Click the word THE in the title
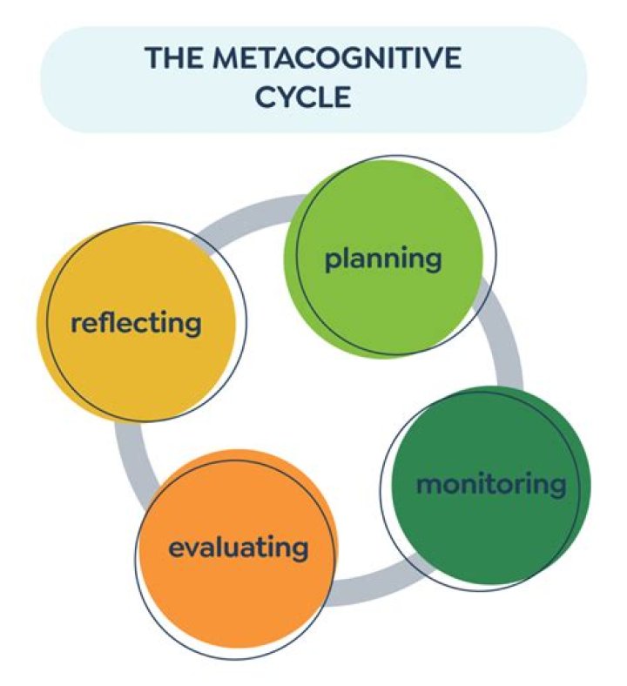173,58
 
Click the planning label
383,259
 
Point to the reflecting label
136,324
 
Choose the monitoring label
490,484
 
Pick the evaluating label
238,548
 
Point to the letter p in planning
332,261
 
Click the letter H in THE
173,58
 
